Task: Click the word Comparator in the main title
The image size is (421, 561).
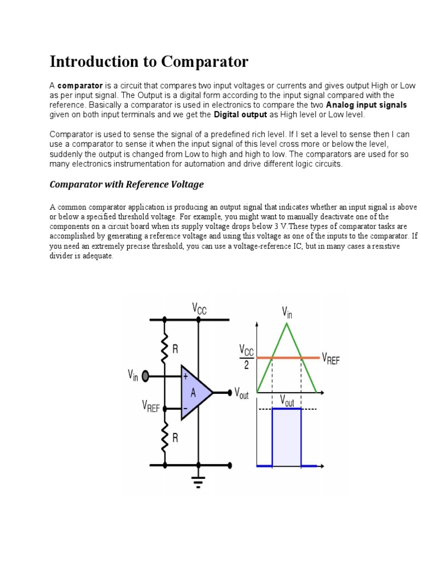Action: point(204,62)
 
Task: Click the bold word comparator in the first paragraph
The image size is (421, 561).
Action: point(80,86)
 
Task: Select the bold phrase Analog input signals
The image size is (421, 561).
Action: point(366,105)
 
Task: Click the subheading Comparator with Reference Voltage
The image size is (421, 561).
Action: point(127,185)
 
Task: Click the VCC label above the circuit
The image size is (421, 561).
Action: point(199,308)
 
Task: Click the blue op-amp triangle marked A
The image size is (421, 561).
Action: point(195,392)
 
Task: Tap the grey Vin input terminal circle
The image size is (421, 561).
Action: point(145,376)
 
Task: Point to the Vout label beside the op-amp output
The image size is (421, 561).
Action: point(241,392)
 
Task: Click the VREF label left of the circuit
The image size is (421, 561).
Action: point(151,407)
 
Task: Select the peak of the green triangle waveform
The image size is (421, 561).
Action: point(287,324)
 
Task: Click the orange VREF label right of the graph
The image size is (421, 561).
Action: point(331,359)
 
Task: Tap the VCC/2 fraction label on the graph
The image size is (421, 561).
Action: point(246,357)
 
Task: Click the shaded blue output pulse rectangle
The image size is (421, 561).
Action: point(287,437)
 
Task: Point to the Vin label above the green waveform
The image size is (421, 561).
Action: point(287,312)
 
